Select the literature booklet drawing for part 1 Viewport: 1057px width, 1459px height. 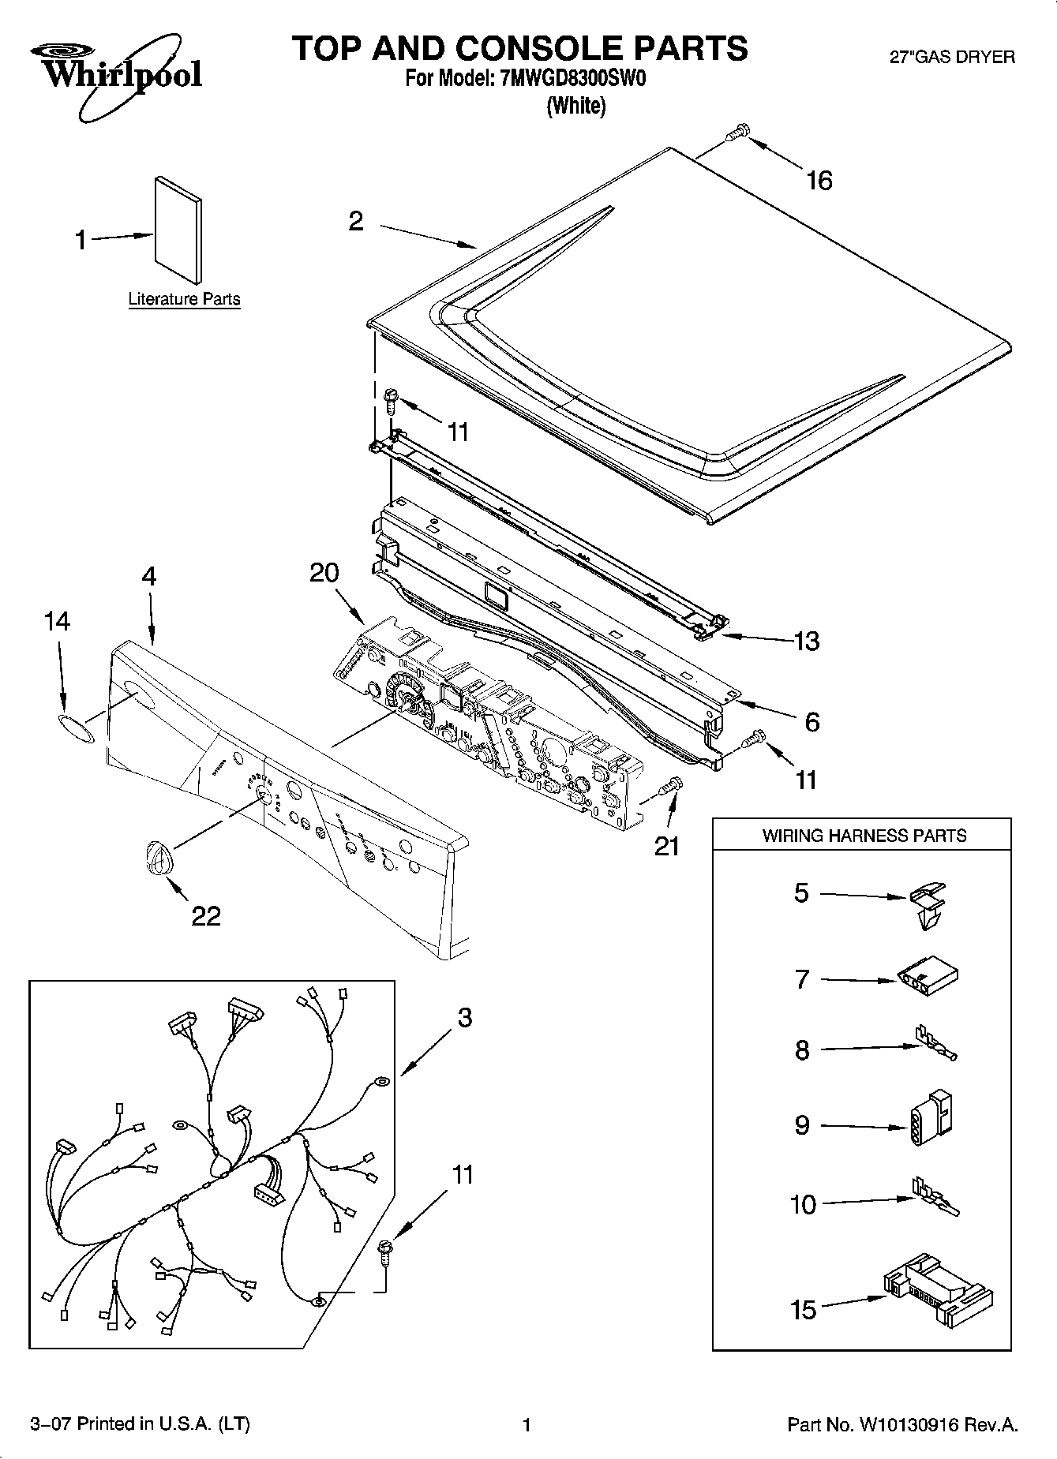coord(178,229)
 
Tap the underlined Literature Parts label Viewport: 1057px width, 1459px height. coord(184,299)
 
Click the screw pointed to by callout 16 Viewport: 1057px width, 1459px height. coord(737,133)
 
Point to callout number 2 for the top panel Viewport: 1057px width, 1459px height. coord(356,222)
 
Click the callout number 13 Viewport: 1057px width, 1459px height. coord(806,641)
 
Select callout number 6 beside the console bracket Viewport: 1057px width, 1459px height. coord(811,721)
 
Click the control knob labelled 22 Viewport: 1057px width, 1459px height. coord(157,857)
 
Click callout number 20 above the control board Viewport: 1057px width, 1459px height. coord(324,573)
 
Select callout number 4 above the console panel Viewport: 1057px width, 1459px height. coord(148,576)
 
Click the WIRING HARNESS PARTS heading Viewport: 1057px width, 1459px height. coord(864,836)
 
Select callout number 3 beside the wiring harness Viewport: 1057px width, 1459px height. coord(465,1018)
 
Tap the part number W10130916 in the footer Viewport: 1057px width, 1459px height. coord(913,1424)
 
